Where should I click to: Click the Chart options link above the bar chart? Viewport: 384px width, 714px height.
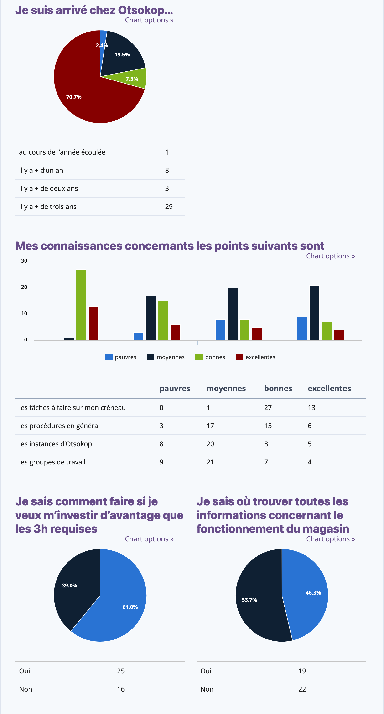click(330, 256)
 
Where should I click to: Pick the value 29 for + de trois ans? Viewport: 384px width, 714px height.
click(169, 207)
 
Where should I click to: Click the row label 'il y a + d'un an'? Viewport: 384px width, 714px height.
click(41, 170)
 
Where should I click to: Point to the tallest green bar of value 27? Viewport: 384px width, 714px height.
click(81, 305)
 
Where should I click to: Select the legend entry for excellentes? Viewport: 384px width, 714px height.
click(260, 357)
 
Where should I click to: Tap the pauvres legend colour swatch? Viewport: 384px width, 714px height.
click(109, 357)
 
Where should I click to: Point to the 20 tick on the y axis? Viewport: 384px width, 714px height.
click(24, 287)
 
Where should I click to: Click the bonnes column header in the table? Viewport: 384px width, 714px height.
click(278, 388)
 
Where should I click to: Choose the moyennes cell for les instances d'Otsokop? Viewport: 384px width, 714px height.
click(210, 444)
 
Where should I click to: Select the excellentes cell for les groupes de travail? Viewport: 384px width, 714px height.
click(310, 462)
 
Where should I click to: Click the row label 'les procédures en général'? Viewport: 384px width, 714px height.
click(59, 426)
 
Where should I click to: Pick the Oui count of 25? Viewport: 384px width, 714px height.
click(121, 671)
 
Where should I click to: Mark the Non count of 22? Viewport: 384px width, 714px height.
click(302, 689)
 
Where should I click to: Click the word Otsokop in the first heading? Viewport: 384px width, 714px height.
click(141, 10)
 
